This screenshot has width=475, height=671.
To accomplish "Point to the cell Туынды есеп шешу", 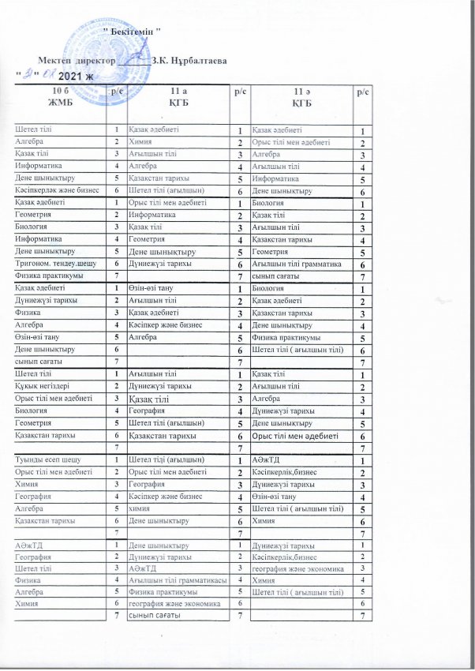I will click(46, 459).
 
